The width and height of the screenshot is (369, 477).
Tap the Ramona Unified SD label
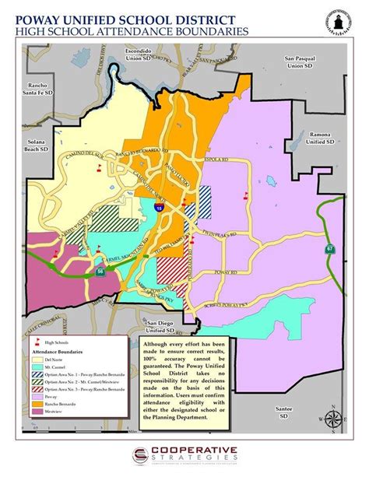(318, 138)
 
